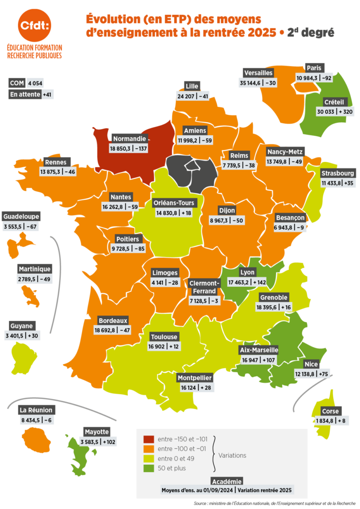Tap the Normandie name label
click(129, 138)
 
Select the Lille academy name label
click(191, 85)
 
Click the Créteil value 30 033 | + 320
click(335, 111)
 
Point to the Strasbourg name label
click(338, 173)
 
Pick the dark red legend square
click(148, 439)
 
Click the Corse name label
click(330, 411)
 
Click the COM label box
click(17, 83)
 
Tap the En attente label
click(24, 94)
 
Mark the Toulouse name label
click(164, 336)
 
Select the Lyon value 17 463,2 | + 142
click(247, 282)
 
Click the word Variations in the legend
click(232, 455)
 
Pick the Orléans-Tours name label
click(176, 203)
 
